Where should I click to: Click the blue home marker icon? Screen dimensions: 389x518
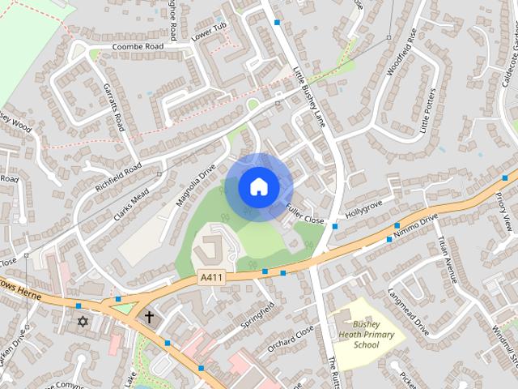[258, 186]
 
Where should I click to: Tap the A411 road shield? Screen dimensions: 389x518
[212, 278]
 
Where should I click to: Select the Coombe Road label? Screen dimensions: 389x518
[138, 47]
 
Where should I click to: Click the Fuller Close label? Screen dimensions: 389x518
[304, 215]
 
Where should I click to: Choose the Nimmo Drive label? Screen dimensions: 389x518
[415, 227]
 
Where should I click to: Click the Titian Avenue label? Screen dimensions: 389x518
[448, 259]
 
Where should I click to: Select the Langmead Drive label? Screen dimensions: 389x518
[408, 312]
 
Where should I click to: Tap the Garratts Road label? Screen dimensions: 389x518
[116, 111]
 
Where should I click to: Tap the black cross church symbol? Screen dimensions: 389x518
[149, 316]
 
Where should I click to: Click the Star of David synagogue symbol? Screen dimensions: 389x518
[81, 322]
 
